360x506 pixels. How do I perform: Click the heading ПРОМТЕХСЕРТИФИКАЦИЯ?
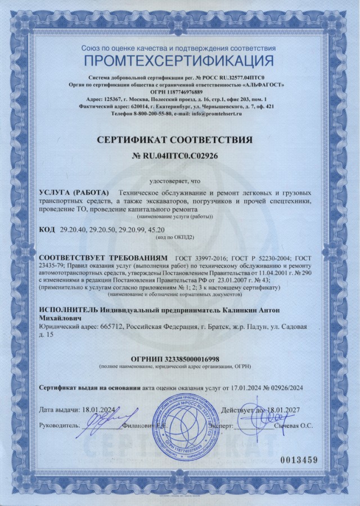(x=179, y=61)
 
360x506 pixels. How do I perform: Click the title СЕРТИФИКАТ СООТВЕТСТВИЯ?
(x=179, y=138)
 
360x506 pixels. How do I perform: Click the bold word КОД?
(x=47, y=230)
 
